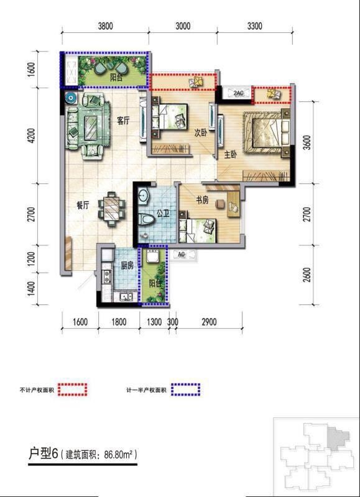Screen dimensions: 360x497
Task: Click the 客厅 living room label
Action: point(123,121)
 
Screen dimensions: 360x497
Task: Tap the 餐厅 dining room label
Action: point(83,206)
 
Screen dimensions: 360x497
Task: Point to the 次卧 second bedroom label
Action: point(200,134)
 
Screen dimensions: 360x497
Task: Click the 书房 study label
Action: point(202,200)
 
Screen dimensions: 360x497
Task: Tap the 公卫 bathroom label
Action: point(163,214)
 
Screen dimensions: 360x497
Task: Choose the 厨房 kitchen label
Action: point(127,266)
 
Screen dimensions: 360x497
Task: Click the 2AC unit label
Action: point(238,93)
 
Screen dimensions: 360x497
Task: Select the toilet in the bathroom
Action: point(147,219)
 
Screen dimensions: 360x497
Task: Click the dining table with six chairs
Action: point(111,209)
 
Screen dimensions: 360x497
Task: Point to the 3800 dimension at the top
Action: point(105,26)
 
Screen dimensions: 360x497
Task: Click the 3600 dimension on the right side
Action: point(307,142)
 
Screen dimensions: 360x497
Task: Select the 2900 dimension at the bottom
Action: point(209,322)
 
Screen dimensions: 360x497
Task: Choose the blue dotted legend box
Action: point(185,390)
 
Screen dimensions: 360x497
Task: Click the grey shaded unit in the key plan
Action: point(338,438)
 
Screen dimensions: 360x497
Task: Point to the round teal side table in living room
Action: point(70,98)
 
